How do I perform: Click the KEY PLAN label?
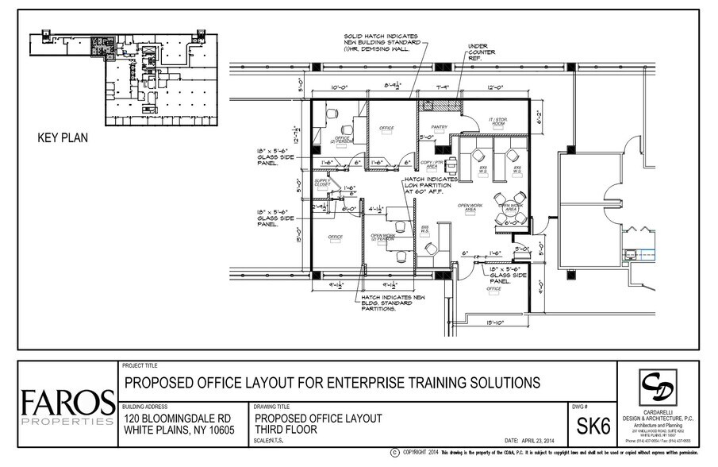point(63,137)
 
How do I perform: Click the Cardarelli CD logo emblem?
point(657,384)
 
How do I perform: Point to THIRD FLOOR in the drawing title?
point(286,430)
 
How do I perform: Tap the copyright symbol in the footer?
point(394,453)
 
